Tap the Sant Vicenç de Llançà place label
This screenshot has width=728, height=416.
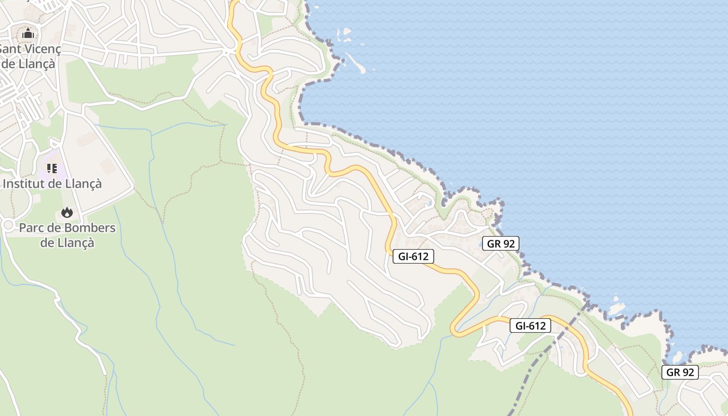30,57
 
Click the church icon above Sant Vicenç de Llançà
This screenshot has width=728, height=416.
28,34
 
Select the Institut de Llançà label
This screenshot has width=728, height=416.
52,184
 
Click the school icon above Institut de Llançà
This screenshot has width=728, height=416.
51,168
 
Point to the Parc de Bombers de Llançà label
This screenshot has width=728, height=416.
67,235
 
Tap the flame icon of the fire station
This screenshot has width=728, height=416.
67,212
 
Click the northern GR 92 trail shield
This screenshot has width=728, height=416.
500,243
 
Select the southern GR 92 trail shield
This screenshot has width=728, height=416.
680,372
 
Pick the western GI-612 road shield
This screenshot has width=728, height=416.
413,256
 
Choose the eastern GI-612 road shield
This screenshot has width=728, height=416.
530,326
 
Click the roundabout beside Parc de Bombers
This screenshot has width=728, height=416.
7,225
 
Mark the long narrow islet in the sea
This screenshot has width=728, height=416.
357,62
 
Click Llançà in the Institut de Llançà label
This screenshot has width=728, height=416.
83,184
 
